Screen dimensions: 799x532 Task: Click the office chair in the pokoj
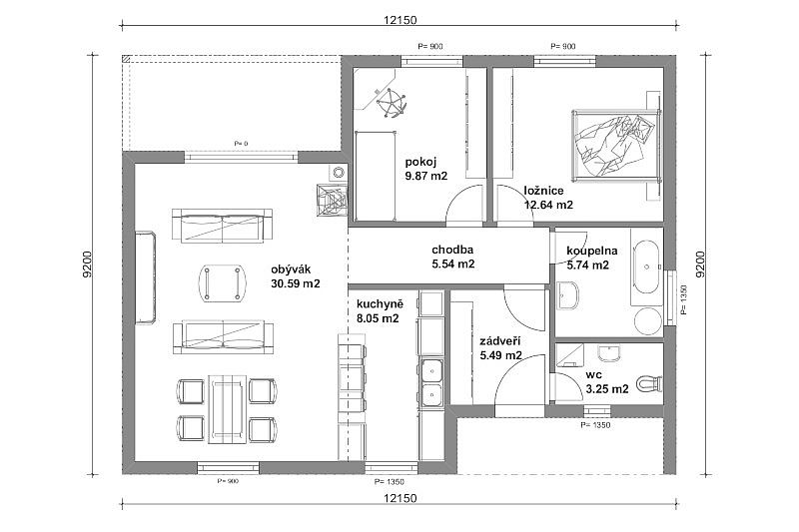(x=392, y=103)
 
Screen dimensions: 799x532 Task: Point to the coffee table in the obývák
(x=222, y=283)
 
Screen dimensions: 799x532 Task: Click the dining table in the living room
(x=228, y=409)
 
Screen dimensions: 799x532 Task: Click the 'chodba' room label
(x=452, y=250)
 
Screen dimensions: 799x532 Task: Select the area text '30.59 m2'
(x=296, y=283)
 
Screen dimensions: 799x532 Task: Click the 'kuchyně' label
(x=381, y=304)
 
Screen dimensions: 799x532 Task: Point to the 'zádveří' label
(x=500, y=341)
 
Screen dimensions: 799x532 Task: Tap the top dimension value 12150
(x=400, y=20)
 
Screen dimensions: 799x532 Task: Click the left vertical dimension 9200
(x=87, y=264)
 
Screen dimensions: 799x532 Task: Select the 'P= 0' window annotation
(x=241, y=144)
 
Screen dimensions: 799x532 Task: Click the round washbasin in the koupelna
(x=648, y=320)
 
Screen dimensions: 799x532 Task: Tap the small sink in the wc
(x=608, y=353)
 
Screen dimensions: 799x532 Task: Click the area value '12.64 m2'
(x=548, y=205)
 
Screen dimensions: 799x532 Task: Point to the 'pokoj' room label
(x=420, y=162)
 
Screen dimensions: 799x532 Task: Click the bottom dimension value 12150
(x=400, y=498)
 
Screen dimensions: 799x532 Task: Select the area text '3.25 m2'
(x=607, y=389)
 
